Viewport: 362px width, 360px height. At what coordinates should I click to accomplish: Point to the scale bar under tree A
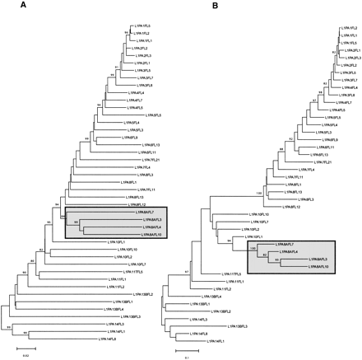(x=25, y=348)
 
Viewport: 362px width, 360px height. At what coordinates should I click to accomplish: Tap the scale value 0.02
(x=25, y=355)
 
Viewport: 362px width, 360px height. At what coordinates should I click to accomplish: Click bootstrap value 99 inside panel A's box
(x=76, y=221)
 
